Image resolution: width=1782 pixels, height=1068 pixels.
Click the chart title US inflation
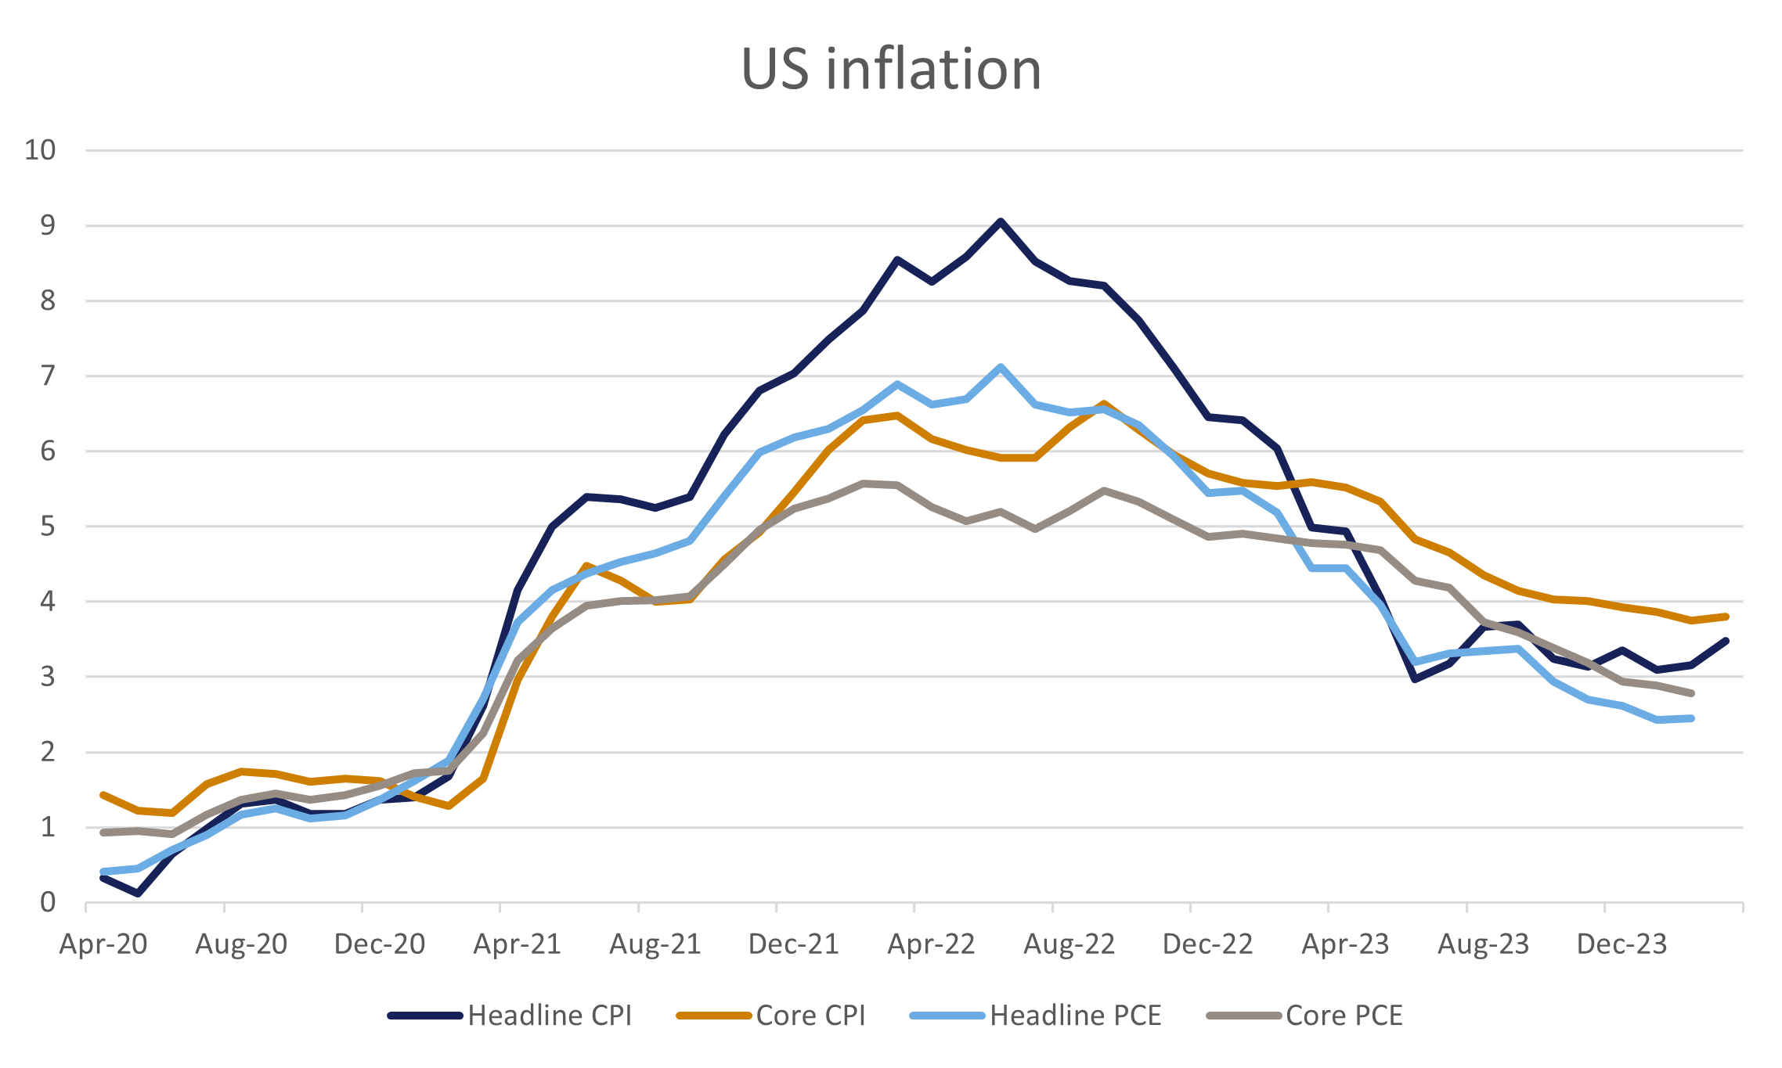coord(891,69)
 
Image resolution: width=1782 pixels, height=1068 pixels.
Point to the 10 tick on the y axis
coord(41,149)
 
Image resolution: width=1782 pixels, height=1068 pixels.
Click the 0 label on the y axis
coord(49,902)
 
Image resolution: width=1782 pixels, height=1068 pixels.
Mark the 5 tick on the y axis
coord(49,526)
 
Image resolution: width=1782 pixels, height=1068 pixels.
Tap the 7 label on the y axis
coord(49,376)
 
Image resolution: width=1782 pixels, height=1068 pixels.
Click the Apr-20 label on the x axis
coord(103,944)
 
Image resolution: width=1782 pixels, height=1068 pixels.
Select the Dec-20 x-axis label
coord(380,944)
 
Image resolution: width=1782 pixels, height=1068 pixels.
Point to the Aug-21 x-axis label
coord(655,944)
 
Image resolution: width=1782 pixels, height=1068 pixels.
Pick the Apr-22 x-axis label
coord(931,944)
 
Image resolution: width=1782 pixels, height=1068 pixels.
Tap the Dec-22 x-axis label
coord(1208,944)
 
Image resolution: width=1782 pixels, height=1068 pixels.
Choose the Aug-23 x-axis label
coord(1484,944)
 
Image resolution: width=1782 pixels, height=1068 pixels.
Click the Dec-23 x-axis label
coord(1622,944)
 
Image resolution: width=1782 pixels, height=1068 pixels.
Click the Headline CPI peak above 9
coord(1000,221)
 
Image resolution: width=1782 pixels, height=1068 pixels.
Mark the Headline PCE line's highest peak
coord(1000,366)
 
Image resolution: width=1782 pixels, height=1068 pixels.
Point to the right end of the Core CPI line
coord(1726,617)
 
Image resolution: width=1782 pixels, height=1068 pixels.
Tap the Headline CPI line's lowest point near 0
coord(138,894)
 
